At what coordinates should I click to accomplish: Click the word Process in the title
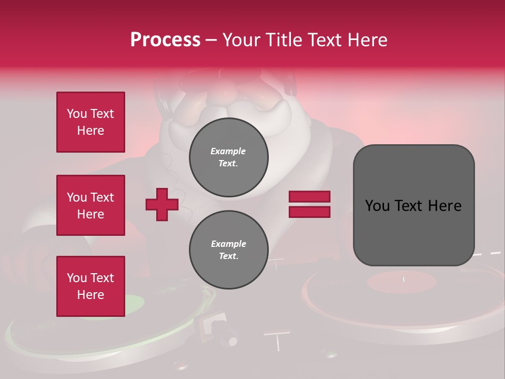click(165, 40)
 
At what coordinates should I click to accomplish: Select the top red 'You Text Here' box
click(90, 122)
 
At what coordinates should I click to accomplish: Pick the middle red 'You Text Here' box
click(90, 205)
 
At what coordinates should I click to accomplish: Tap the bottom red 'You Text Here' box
click(90, 286)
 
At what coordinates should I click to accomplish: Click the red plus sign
click(162, 204)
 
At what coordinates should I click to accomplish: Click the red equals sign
click(309, 204)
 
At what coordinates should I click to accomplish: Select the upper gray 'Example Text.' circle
click(229, 157)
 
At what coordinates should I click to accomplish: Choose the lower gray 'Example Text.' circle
click(229, 250)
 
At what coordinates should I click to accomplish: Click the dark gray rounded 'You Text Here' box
click(413, 205)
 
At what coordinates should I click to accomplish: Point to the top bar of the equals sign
click(309, 197)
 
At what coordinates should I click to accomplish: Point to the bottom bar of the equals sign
click(309, 212)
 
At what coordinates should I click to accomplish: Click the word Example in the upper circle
click(228, 151)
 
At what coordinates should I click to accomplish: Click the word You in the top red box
click(76, 114)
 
